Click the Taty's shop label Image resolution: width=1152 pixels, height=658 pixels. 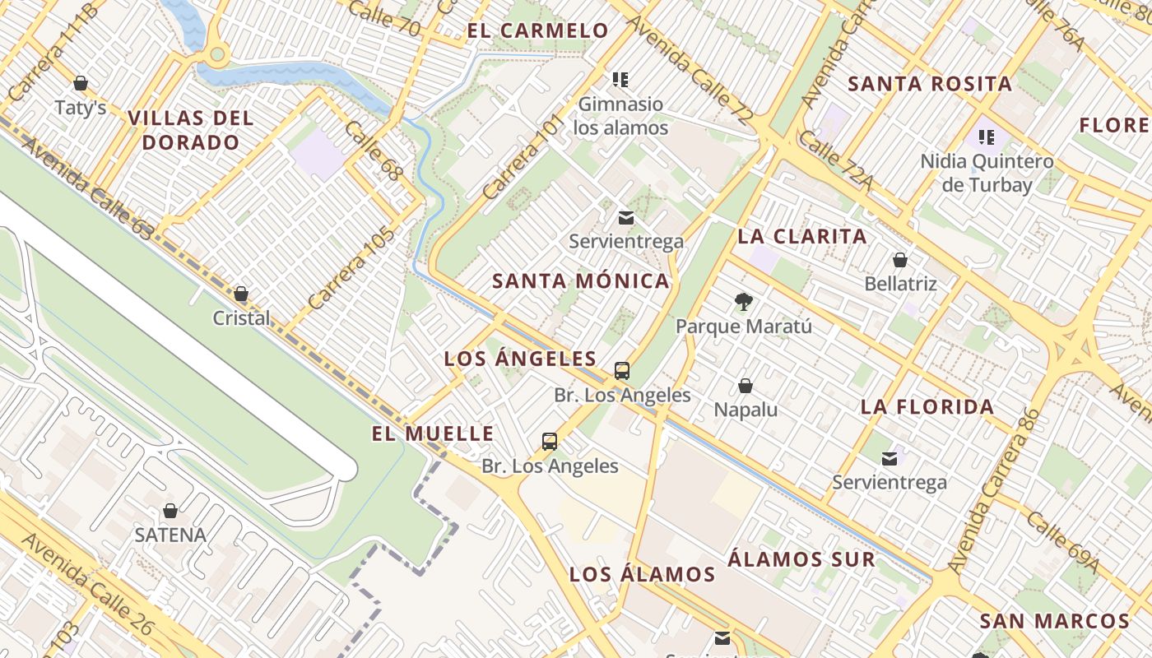click(x=81, y=107)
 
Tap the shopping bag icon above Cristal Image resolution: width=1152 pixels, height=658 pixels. click(x=241, y=294)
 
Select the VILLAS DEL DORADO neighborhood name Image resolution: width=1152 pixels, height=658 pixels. click(x=191, y=130)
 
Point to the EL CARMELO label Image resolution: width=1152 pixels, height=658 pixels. click(x=538, y=31)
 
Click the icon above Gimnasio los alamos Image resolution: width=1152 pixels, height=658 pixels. click(x=620, y=80)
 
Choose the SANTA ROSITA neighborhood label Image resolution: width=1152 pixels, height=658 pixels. click(x=930, y=84)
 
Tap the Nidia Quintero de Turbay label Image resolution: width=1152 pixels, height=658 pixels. click(x=987, y=173)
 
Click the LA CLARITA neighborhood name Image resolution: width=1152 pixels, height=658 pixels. click(x=802, y=237)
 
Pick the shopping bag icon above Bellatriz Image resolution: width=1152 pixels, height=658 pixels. click(x=900, y=260)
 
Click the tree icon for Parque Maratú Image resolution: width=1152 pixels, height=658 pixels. click(x=744, y=302)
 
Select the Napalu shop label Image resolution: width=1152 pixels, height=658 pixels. click(x=746, y=409)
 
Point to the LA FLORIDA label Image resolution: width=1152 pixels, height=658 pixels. click(x=927, y=407)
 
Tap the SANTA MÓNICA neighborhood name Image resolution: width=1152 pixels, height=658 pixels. click(x=581, y=281)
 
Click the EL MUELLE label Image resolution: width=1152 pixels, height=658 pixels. click(x=433, y=433)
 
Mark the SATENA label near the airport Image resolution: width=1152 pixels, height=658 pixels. click(x=170, y=535)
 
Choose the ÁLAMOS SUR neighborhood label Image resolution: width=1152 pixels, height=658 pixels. click(x=801, y=560)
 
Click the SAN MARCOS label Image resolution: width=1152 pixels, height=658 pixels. click(x=1055, y=621)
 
